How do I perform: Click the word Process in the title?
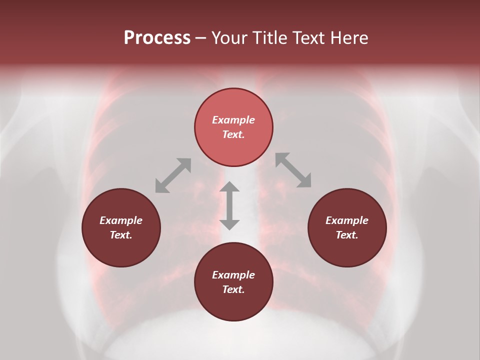tap(157, 38)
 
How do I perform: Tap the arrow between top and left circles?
tap(173, 175)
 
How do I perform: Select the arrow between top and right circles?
tap(293, 170)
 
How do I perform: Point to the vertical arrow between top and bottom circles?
tap(229, 205)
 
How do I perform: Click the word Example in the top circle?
tap(233, 120)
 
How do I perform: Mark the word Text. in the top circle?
tap(233, 134)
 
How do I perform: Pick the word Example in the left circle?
tap(121, 220)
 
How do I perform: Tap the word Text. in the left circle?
tap(121, 235)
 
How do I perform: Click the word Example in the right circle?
tap(347, 220)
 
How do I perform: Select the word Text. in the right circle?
tap(347, 235)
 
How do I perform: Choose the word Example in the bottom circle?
tap(233, 275)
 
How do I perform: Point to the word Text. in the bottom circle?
tap(233, 289)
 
